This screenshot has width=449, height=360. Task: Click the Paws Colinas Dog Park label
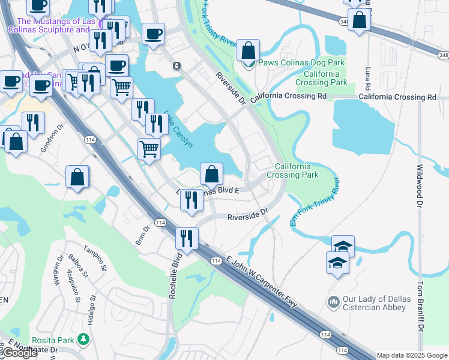(x=301, y=62)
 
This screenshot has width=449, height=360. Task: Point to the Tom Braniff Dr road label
(x=420, y=308)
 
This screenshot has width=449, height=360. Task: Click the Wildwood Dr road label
(x=420, y=183)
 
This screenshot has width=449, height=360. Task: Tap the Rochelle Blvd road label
(x=176, y=269)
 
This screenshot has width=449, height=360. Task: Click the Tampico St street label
(x=94, y=258)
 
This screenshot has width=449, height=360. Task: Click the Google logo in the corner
(x=19, y=353)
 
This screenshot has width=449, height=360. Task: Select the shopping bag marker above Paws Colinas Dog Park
(x=248, y=50)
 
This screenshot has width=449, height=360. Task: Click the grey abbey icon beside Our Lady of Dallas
(x=334, y=300)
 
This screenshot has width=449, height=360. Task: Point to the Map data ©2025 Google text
(x=412, y=355)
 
